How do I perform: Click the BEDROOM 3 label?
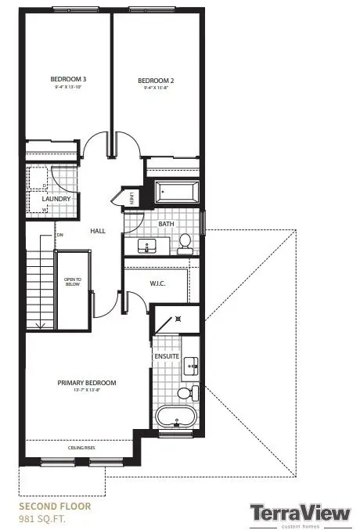point(68,80)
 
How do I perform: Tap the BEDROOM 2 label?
point(155,80)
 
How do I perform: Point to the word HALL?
point(97,231)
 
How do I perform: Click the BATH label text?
point(166,224)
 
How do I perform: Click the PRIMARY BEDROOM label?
point(86,383)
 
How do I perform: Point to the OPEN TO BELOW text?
point(73,282)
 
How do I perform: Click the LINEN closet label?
point(132,196)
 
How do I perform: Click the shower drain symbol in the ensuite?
point(179,319)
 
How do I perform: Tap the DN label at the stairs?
point(59,235)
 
